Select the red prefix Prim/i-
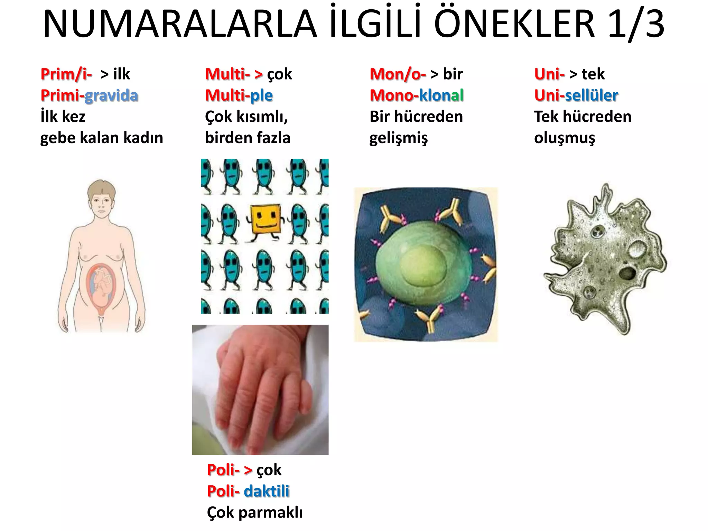click(66, 74)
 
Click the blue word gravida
click(111, 95)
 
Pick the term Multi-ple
click(239, 95)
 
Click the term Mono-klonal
click(417, 95)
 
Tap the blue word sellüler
click(591, 95)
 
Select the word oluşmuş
click(565, 138)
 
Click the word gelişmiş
click(399, 138)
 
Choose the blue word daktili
click(267, 491)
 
